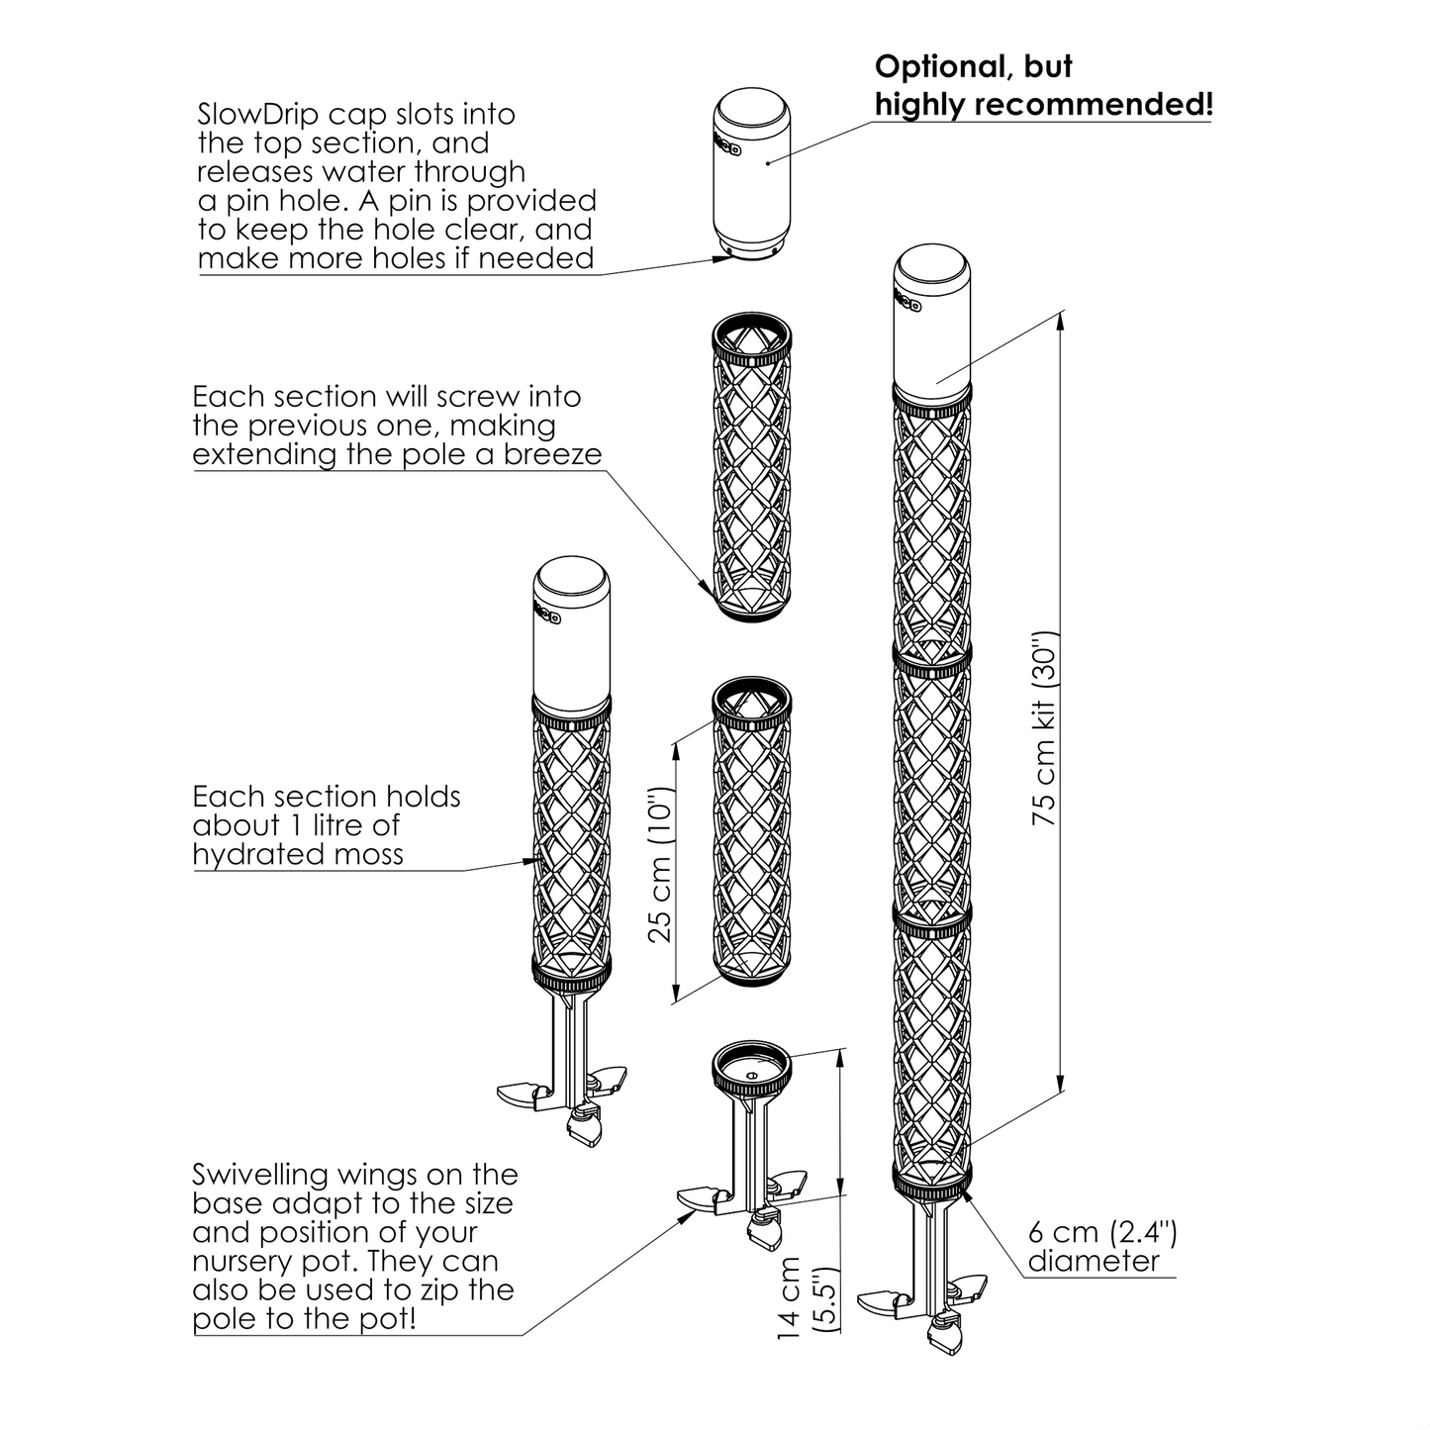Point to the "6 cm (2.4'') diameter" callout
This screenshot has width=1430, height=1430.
tap(1101, 1246)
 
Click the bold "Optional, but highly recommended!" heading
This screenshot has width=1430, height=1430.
tap(1043, 85)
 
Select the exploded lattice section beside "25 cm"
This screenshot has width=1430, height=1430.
tap(753, 831)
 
